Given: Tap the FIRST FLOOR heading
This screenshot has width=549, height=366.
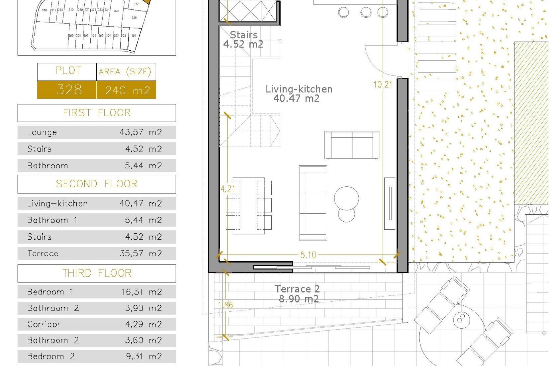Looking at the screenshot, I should pyautogui.click(x=97, y=113).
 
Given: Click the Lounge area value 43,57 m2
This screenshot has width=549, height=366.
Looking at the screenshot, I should pyautogui.click(x=140, y=132).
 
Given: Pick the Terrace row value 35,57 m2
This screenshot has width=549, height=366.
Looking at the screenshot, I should pyautogui.click(x=140, y=253).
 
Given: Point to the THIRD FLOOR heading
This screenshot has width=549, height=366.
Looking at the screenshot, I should pyautogui.click(x=97, y=273).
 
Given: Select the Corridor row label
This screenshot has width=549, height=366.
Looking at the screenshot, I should pyautogui.click(x=44, y=324).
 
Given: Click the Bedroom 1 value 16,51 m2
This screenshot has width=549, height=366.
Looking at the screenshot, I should pyautogui.click(x=141, y=292).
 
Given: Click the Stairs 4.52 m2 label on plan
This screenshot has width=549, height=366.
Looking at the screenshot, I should pyautogui.click(x=243, y=39).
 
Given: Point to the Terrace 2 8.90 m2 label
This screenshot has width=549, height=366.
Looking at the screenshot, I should pyautogui.click(x=297, y=294).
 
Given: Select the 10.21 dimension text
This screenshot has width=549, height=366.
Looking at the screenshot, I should pyautogui.click(x=383, y=85).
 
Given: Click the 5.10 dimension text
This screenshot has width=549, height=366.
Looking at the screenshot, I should pyautogui.click(x=308, y=255).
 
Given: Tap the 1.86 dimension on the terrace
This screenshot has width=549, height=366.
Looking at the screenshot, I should pyautogui.click(x=225, y=305).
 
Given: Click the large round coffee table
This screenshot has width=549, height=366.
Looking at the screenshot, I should pyautogui.click(x=346, y=198).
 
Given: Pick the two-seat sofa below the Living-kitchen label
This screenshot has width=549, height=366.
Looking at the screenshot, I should pyautogui.click(x=352, y=145).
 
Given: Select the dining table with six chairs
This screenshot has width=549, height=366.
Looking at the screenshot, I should pyautogui.click(x=248, y=206).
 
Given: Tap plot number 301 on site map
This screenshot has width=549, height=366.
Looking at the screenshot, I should pyautogui.click(x=134, y=36).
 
